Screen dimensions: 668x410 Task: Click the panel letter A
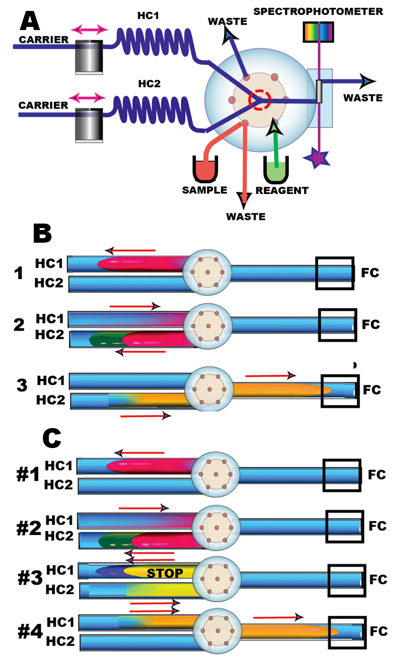[x=30, y=21]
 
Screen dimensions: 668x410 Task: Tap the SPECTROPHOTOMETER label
[x=318, y=11]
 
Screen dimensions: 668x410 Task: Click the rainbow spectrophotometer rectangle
[x=318, y=32]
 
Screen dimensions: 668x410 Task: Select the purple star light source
[x=317, y=158]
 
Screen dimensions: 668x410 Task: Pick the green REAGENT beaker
[x=276, y=170]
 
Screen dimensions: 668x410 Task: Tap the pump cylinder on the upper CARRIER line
[x=89, y=57]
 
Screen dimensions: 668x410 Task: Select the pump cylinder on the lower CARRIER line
[x=89, y=124]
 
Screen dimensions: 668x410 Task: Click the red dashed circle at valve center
[x=259, y=99]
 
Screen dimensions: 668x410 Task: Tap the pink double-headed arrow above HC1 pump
[x=89, y=30]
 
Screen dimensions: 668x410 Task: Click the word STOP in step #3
[x=165, y=573]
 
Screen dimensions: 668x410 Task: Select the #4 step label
[x=30, y=632]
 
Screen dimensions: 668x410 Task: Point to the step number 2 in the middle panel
[x=19, y=325]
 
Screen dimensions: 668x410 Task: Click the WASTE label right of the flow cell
[x=363, y=98]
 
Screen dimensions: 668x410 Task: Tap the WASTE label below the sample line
[x=245, y=217]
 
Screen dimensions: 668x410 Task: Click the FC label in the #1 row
[x=377, y=475]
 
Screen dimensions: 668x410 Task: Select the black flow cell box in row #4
[x=347, y=632]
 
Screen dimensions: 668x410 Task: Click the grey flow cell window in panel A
[x=319, y=91]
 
